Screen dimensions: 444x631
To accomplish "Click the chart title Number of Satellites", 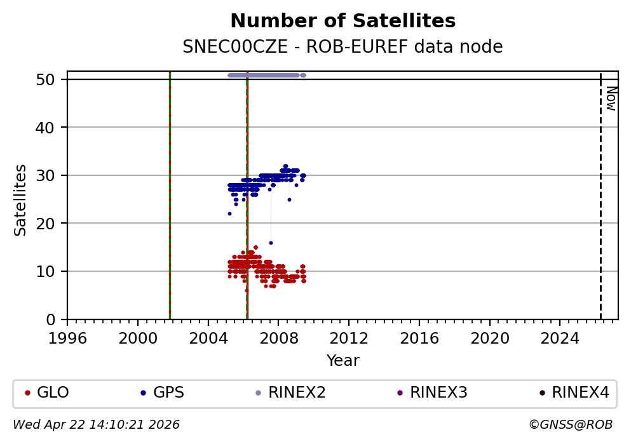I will (x=343, y=21).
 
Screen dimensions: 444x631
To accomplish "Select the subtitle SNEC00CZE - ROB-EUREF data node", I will (x=343, y=47).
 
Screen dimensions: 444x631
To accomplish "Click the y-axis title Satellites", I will (x=21, y=199).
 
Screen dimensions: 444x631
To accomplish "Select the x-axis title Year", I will (x=343, y=361).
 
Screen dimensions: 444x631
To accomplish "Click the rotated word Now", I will (x=611, y=98).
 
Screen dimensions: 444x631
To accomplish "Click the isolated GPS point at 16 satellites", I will (x=271, y=243).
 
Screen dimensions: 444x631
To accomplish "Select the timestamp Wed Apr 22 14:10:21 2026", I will (x=96, y=424).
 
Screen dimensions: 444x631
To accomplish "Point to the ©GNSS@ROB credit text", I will (x=570, y=424).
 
